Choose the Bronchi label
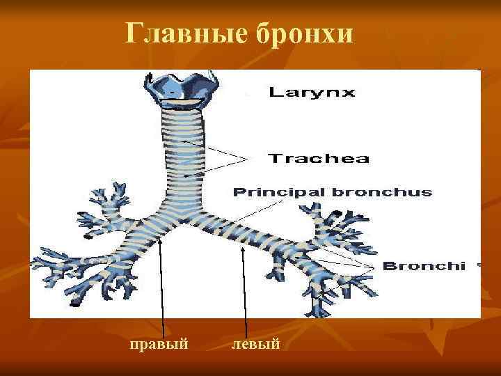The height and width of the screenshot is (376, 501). pyautogui.click(x=424, y=266)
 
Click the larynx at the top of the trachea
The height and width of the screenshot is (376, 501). pyautogui.click(x=183, y=91)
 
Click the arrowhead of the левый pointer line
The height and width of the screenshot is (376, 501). pyautogui.click(x=243, y=249)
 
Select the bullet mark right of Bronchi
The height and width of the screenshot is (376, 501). pyautogui.click(x=477, y=265)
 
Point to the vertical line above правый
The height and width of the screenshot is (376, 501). pyautogui.click(x=162, y=292)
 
